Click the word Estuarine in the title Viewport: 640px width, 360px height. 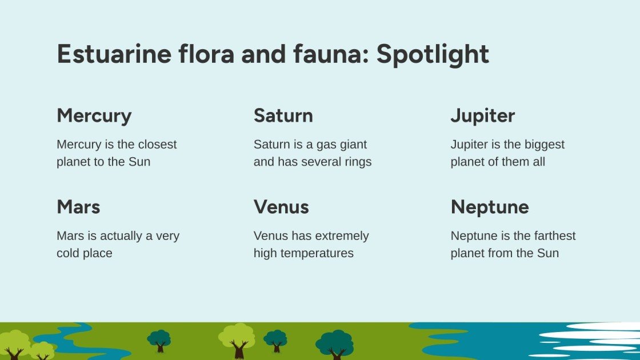[x=114, y=54]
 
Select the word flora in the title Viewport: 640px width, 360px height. [x=206, y=53]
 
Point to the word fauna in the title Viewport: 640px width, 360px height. [x=331, y=54]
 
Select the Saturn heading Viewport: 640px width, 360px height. [x=283, y=115]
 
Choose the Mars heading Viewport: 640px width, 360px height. [x=78, y=207]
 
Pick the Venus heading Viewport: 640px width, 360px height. [x=281, y=207]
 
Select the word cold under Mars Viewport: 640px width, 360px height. [x=67, y=253]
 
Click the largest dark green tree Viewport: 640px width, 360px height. [x=335, y=343]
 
